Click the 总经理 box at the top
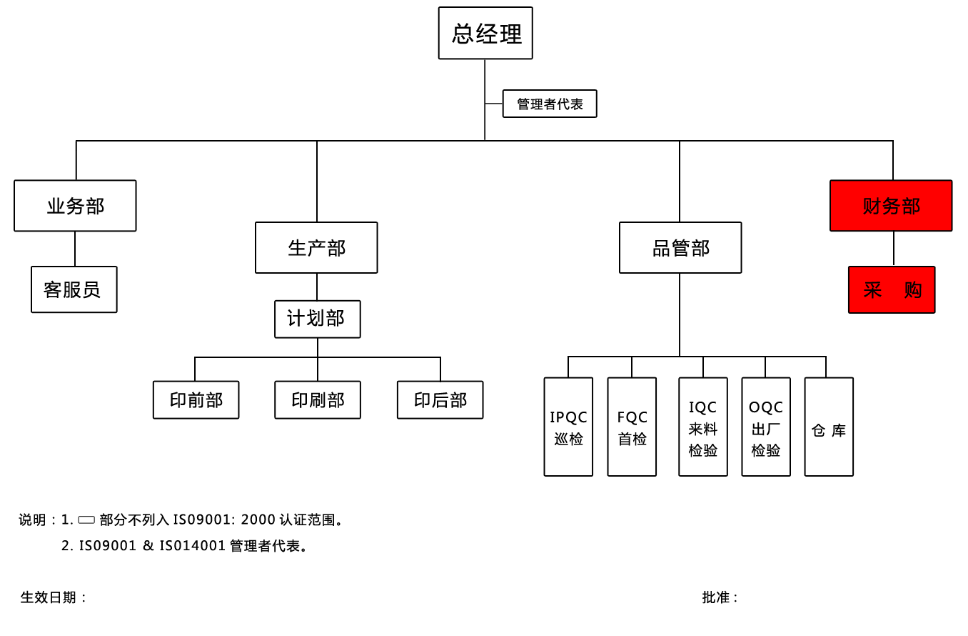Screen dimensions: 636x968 click(x=485, y=33)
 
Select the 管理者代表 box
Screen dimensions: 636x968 click(x=550, y=104)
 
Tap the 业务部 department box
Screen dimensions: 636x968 click(x=75, y=206)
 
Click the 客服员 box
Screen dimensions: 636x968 click(x=74, y=289)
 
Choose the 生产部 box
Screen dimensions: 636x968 click(x=316, y=247)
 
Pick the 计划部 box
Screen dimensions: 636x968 click(x=317, y=319)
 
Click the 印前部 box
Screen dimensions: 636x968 click(x=196, y=399)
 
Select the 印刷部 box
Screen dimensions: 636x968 click(x=318, y=399)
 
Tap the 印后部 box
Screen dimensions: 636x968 click(x=440, y=399)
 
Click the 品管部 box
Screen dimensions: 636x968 click(x=680, y=247)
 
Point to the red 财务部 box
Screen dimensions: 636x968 click(x=891, y=206)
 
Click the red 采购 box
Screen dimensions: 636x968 click(x=892, y=289)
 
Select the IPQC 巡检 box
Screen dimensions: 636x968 click(x=568, y=427)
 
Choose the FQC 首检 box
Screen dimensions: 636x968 click(x=632, y=427)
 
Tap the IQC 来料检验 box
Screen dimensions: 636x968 click(x=703, y=427)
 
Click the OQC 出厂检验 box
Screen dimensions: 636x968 click(x=766, y=427)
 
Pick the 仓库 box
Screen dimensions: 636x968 click(x=829, y=427)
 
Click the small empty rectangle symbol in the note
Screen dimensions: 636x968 click(x=86, y=520)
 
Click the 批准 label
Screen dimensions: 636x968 click(x=720, y=597)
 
